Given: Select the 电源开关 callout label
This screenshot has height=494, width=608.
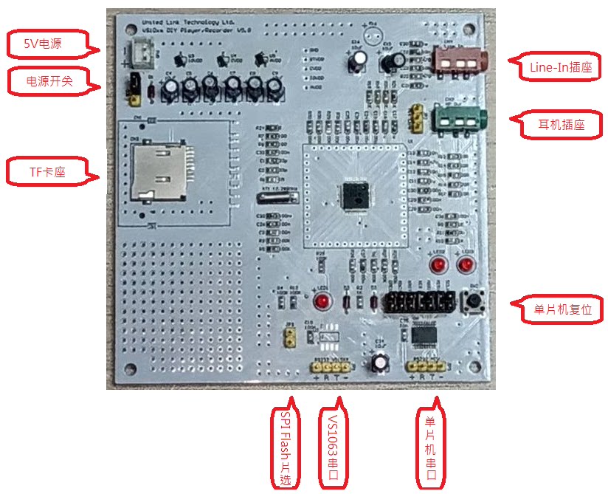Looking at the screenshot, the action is coord(49,80).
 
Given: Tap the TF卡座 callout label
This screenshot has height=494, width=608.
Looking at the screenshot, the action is coord(47,172).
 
